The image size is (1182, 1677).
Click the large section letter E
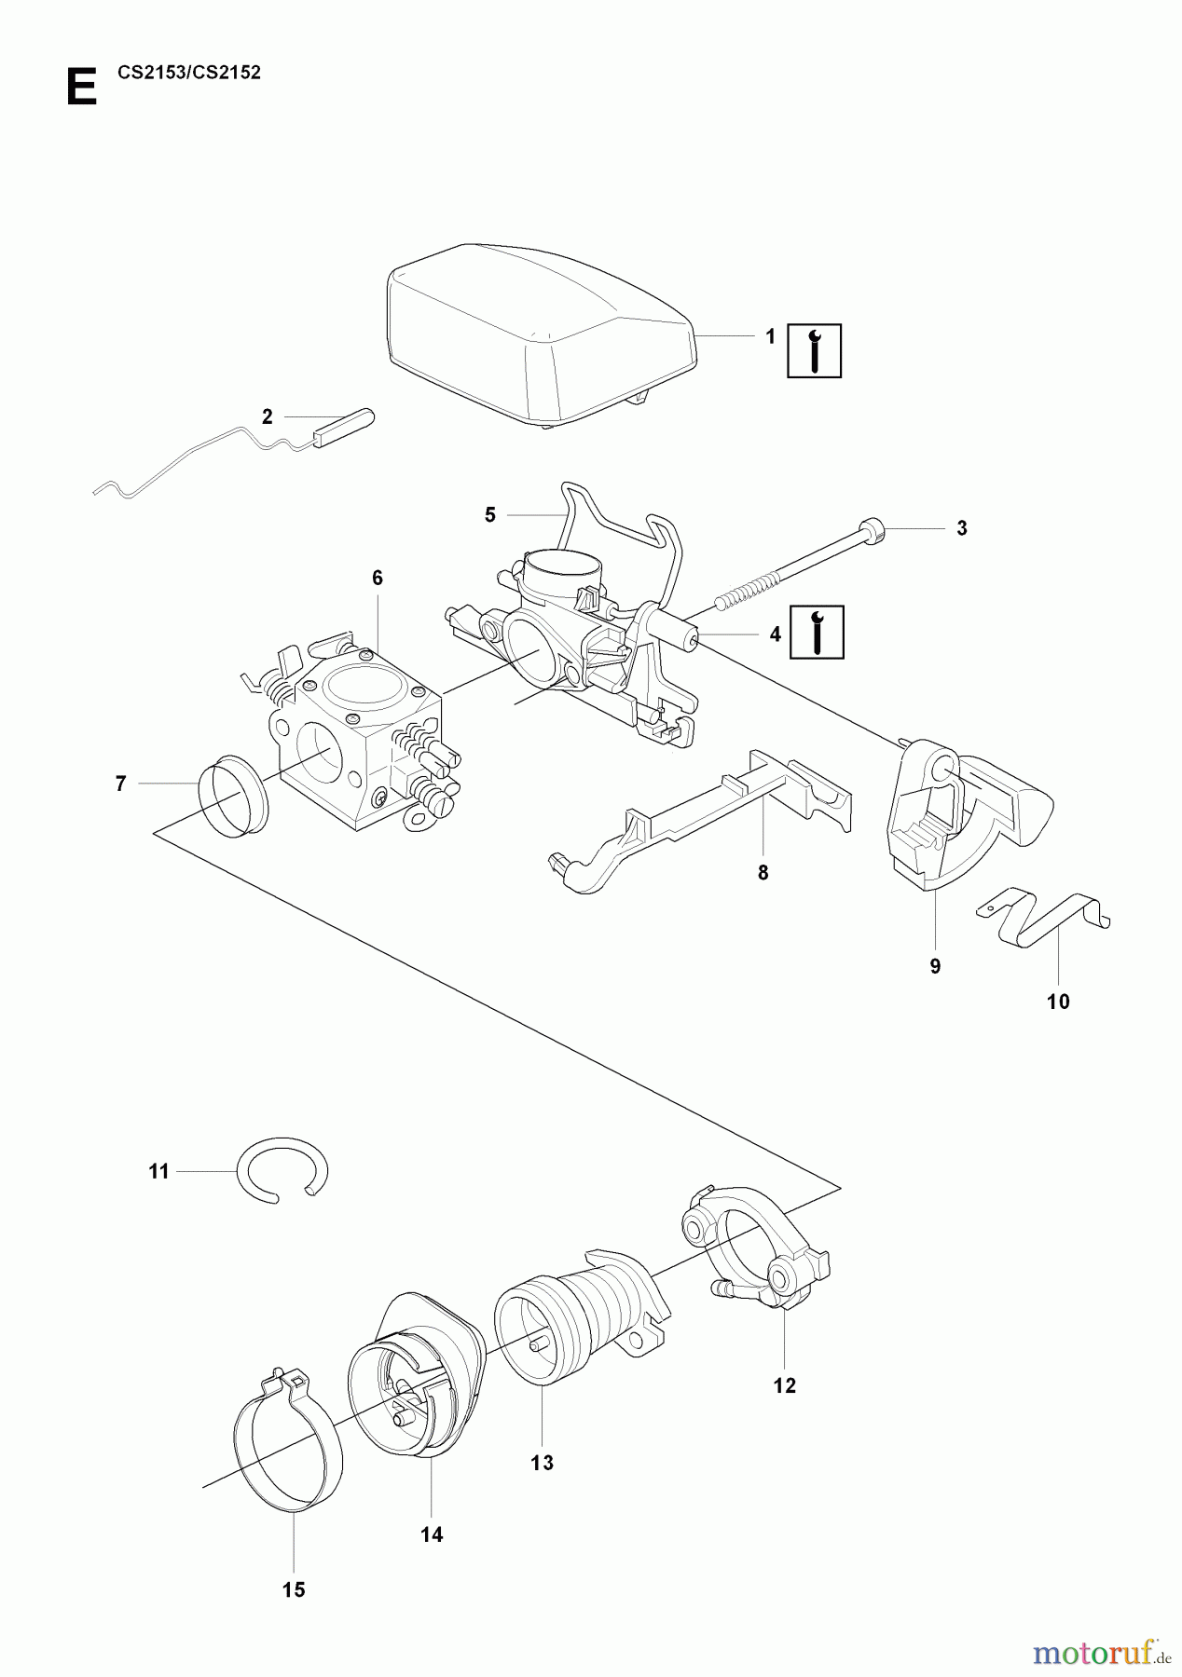82,89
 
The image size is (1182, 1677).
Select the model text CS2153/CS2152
189,73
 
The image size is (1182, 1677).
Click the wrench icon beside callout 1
814,351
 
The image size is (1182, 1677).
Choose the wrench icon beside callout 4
817,632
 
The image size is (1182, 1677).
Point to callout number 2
268,417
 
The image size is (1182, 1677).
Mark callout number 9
935,966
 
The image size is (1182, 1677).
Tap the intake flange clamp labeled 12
755,1248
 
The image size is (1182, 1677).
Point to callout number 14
432,1534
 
